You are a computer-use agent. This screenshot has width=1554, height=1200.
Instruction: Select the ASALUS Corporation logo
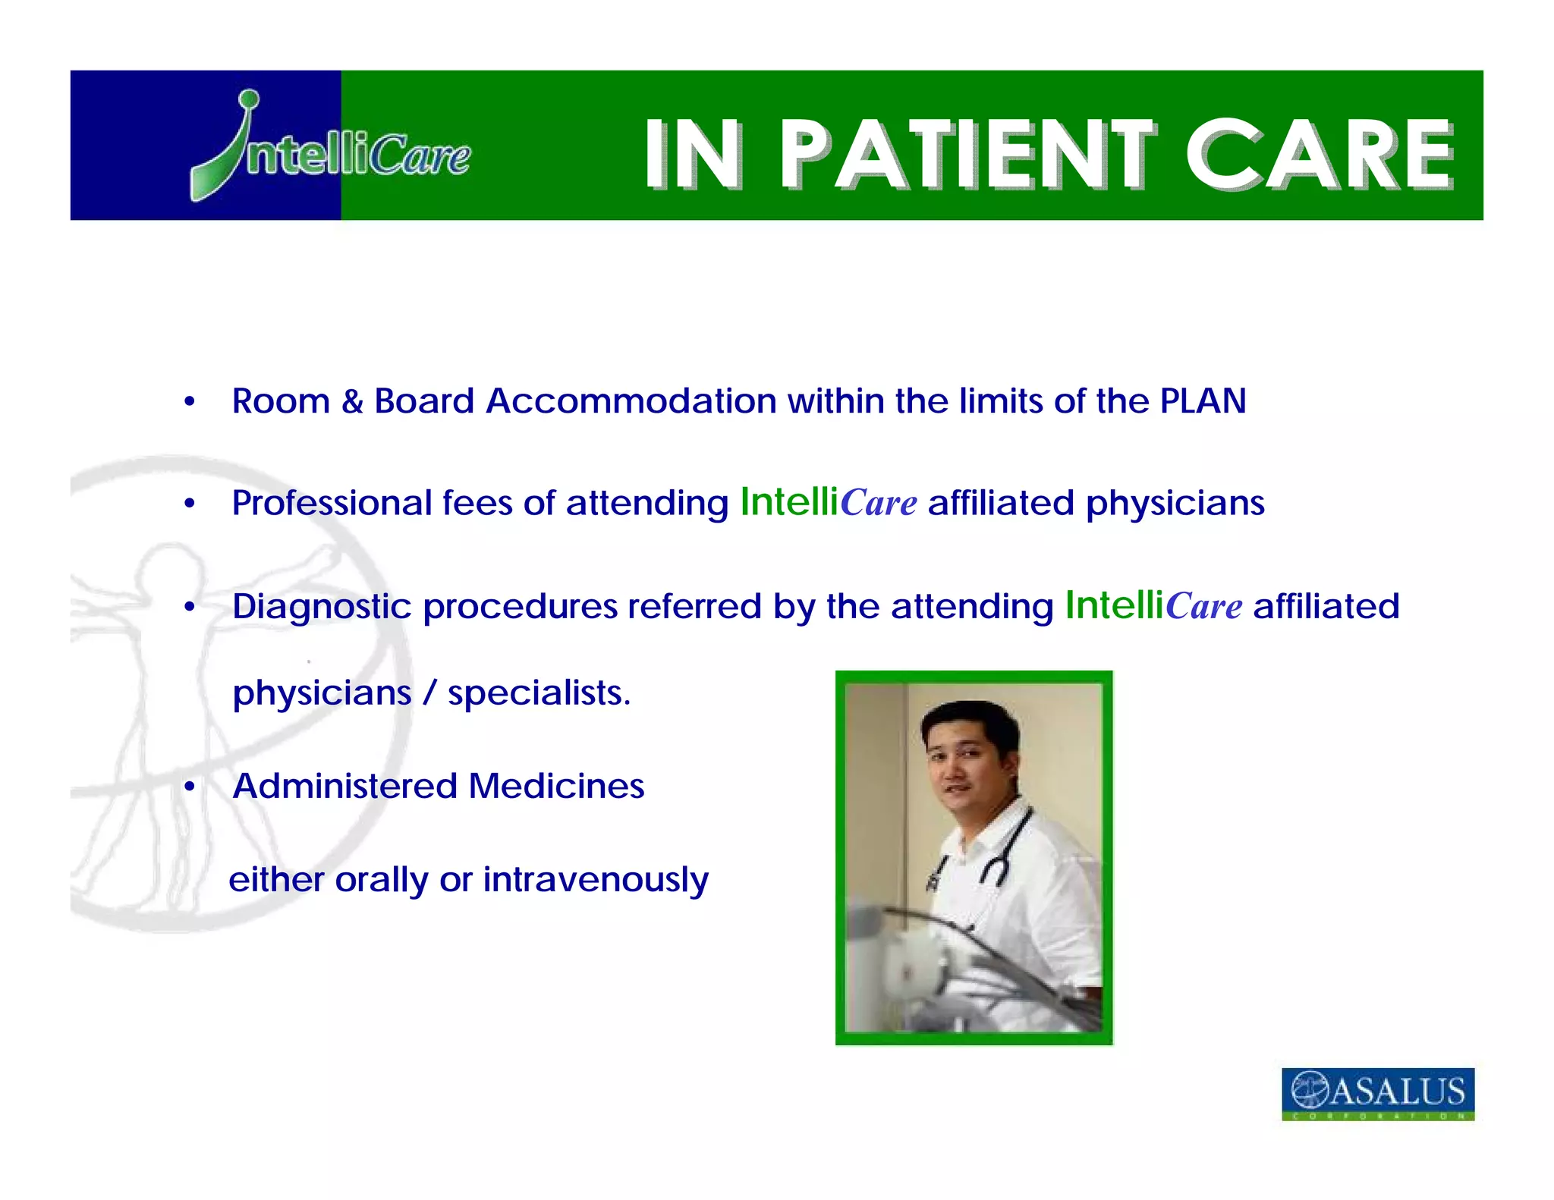(x=1377, y=1093)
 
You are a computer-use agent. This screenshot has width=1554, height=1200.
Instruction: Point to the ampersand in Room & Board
(x=351, y=401)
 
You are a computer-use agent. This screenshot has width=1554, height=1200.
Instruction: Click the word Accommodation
(x=631, y=401)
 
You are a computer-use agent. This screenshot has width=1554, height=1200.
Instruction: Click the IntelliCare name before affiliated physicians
(x=828, y=502)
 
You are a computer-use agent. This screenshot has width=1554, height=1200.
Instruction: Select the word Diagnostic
(x=321, y=607)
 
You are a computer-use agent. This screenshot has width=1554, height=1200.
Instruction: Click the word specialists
(x=538, y=693)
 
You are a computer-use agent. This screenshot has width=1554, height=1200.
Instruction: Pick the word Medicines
(x=555, y=786)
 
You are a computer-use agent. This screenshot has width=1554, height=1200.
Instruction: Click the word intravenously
(x=596, y=880)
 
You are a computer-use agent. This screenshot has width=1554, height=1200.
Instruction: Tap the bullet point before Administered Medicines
(x=190, y=787)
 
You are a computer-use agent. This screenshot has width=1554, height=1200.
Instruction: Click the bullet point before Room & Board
(x=190, y=402)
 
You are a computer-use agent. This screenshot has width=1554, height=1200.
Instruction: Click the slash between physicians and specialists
(x=429, y=693)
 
